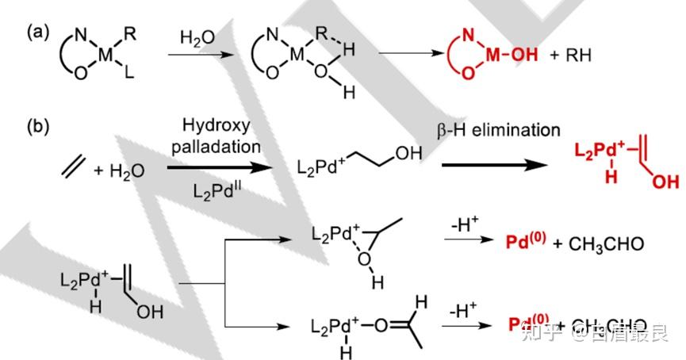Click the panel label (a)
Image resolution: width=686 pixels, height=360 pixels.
(x=37, y=33)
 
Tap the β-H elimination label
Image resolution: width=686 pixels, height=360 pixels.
(x=497, y=130)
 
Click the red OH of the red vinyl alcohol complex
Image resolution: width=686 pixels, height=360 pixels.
(x=667, y=183)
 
